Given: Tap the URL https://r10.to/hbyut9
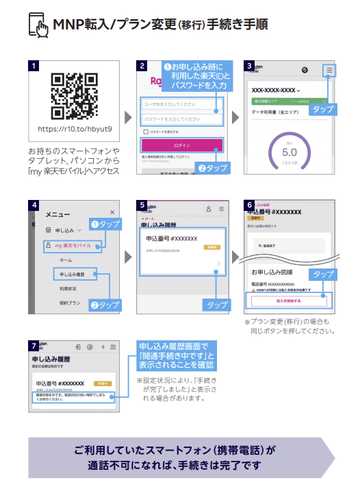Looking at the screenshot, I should (75, 129).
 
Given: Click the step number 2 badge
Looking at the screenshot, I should (141, 66).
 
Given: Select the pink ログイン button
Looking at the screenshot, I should (181, 145).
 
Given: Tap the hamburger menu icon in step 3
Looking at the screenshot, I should (330, 71).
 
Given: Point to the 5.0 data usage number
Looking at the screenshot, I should (290, 152).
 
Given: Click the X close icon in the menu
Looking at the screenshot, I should (112, 213).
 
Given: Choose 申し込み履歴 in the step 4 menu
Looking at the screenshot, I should (74, 274).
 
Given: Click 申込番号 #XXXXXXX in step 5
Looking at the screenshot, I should (172, 238).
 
